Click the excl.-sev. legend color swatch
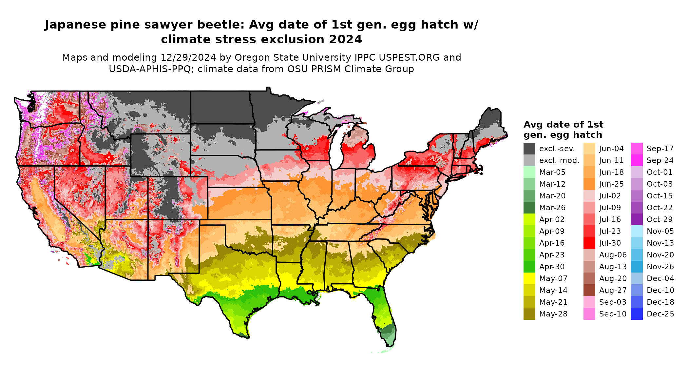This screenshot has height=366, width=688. coord(529,149)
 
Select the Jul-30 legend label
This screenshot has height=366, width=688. coord(610,243)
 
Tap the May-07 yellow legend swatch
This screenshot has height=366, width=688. coord(529,278)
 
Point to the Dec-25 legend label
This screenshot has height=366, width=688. coord(660,314)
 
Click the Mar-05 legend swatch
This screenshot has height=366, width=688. coord(529,172)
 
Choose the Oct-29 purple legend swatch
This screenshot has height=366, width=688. coord(637,219)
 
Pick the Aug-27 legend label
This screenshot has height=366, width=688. coord(613,290)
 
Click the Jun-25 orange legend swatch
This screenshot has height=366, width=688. coord(589,184)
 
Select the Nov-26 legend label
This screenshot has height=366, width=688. coord(660,267)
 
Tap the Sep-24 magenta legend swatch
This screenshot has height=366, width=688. coord(637,160)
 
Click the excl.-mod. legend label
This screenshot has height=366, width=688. coord(559,160)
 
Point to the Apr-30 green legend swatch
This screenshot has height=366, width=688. coord(529,267)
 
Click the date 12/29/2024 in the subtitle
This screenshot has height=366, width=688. coord(188,57)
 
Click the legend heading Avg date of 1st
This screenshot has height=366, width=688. coord(563,125)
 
